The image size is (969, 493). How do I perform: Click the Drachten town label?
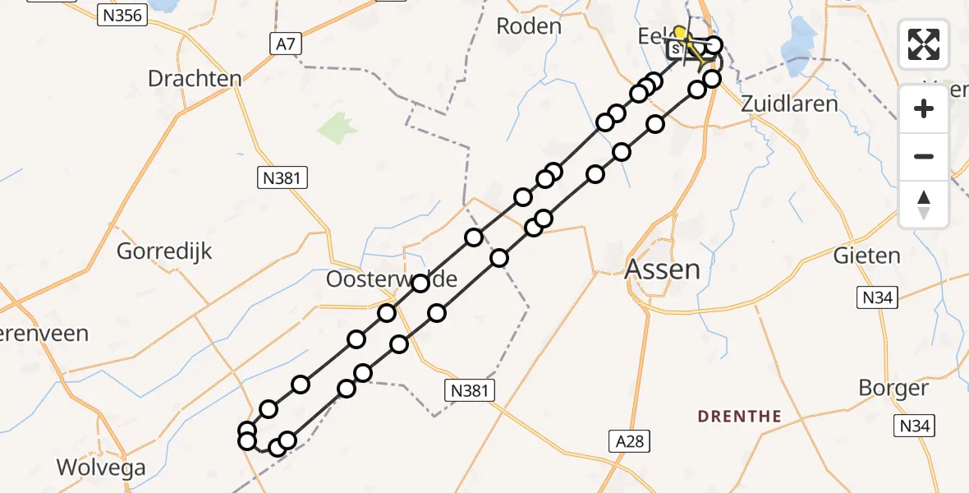pos(195,79)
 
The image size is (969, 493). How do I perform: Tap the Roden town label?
pos(529,26)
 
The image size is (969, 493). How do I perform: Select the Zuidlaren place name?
pos(789,104)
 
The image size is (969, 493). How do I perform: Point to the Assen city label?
pos(663,269)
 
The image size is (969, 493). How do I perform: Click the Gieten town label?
pos(867,256)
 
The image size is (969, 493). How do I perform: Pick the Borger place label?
pos(893,388)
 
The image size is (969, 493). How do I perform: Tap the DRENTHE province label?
pos(739,416)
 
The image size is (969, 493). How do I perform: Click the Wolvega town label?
pos(101,468)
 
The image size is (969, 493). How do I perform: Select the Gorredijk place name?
pos(164,251)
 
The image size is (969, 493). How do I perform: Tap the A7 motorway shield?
pos(284,46)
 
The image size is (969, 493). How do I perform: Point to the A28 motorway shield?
pos(631,441)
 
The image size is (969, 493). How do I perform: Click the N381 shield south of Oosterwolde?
pos(471,391)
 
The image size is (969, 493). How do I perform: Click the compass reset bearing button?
pos(924,205)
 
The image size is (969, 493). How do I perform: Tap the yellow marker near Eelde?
pos(681,34)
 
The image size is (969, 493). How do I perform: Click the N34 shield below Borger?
pos(915,426)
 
